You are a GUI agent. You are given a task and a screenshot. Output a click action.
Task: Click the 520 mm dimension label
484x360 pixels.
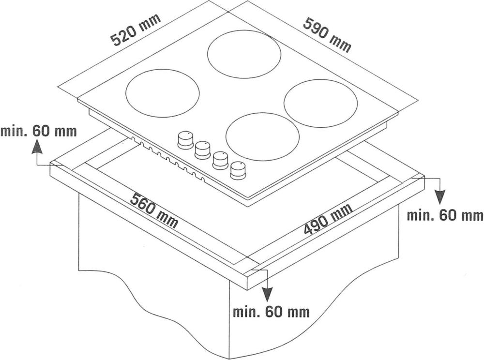pos(136,30)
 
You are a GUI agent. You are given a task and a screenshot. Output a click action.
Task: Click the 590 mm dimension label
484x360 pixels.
pos(328,35)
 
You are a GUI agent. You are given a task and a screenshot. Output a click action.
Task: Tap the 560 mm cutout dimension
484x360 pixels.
pos(154,210)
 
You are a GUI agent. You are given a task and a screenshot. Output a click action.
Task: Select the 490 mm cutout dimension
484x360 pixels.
pos(328,219)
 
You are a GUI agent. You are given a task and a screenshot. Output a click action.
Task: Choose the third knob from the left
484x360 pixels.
pos(220,160)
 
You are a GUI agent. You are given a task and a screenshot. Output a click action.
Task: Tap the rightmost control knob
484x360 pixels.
pos(237,170)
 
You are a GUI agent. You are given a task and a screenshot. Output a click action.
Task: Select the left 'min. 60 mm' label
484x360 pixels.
pos(39,131)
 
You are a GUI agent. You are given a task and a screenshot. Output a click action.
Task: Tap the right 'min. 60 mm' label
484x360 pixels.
pos(445,215)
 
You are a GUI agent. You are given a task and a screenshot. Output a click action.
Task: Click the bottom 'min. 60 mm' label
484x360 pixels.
pos(271,312)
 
